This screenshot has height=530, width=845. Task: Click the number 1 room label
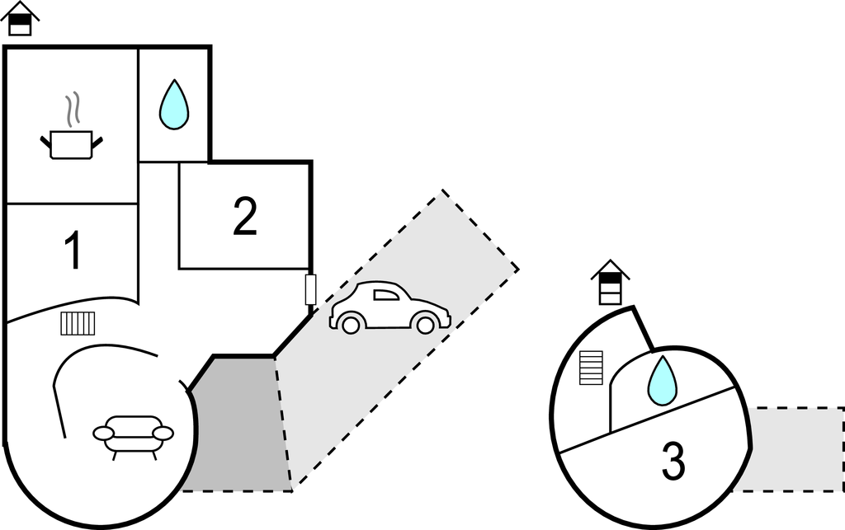pos(73,251)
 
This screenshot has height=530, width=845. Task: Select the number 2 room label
pos(244,216)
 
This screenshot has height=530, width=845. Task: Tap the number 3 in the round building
pos(673,462)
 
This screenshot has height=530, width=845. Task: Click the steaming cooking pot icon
pos(71,142)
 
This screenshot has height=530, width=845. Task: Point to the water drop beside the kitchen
pos(173,105)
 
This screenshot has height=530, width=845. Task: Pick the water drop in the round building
pos(662,381)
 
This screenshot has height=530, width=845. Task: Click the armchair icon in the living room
pos(134,434)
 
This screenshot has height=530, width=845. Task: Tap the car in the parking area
pos(389,308)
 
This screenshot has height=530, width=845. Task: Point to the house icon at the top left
pos(21,19)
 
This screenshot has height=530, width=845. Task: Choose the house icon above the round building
pos(611,282)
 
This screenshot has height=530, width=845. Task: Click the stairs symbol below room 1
pos(78,323)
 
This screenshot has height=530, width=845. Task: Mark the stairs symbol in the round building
pos(591,368)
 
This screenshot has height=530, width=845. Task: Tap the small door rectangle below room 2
pos(311,289)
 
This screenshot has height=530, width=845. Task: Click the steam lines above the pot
pos(73,110)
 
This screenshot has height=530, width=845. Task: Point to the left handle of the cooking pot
pos(46,142)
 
